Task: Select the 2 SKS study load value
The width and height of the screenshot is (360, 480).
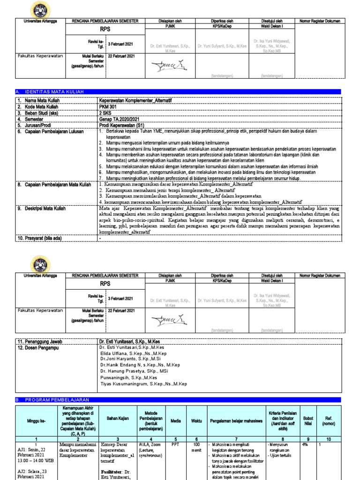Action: pos(106,112)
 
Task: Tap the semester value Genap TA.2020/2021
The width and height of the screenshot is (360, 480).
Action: pos(119,119)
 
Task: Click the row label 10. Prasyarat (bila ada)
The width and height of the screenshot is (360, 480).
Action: pos(40,238)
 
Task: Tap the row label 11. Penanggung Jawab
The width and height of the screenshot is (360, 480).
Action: pos(39,342)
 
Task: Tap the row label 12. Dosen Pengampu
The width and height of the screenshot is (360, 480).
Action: pos(38,348)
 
